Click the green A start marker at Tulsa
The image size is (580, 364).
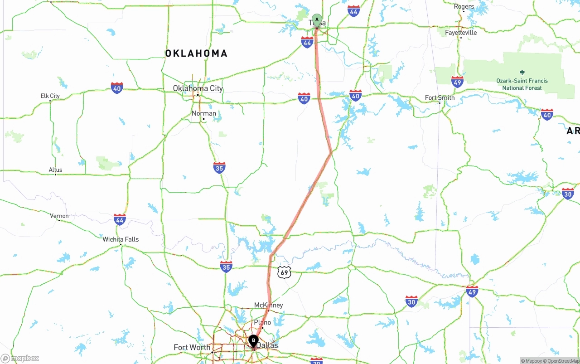pos(317,20)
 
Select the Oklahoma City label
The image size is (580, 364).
pos(198,88)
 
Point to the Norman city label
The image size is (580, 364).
pos(204,113)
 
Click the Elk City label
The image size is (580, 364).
pos(50,96)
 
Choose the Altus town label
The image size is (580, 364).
pos(56,170)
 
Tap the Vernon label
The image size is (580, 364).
pos(59,216)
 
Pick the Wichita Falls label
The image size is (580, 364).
pos(121,239)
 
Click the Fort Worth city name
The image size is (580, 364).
pos(192,347)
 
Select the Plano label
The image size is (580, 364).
pos(262,323)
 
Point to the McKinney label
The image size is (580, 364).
pos(268,305)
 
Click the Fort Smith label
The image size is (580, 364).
pos(440,97)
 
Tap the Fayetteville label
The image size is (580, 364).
pos(461,33)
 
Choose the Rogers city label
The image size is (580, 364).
pos(464,6)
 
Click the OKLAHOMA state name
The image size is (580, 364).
pos(196,53)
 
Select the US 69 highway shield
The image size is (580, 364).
pos(284,272)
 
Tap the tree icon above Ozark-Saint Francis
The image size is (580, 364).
pos(522,73)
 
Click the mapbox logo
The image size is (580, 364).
pos(20,359)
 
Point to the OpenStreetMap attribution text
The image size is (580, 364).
pos(563,361)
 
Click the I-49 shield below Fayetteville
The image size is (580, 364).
pos(457,82)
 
